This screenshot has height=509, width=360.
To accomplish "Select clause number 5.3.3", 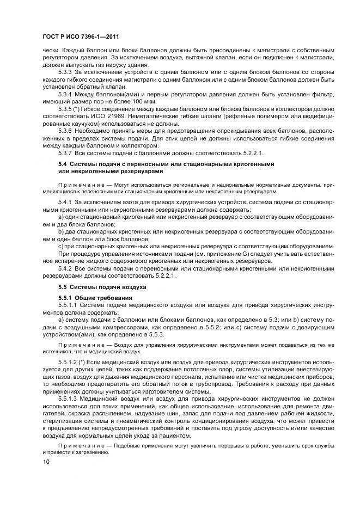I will [x=65, y=72].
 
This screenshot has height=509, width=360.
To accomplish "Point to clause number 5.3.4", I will [x=65, y=96].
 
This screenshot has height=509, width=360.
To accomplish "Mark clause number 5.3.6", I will [x=65, y=132].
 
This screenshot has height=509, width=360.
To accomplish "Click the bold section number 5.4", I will [x=63, y=164].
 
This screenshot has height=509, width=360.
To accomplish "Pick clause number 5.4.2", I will [x=65, y=268].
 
